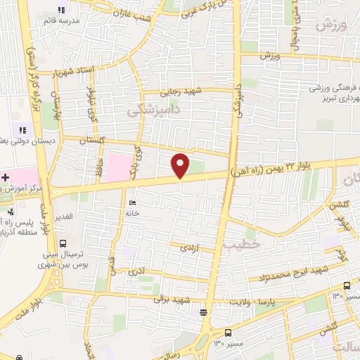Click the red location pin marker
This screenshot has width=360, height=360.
pos(181,165)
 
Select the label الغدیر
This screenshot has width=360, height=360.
pos(65,216)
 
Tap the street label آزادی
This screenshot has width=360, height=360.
pos(189,248)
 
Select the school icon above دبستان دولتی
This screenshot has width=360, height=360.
pos(22,130)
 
